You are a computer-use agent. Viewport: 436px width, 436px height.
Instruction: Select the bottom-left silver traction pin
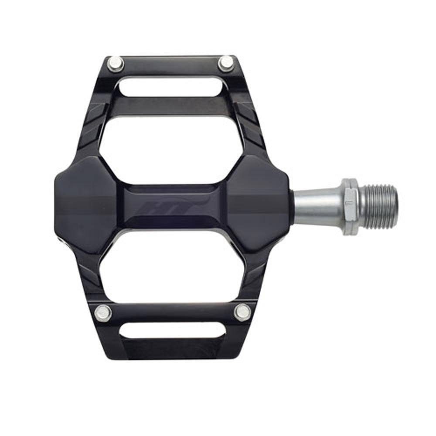point(103,312)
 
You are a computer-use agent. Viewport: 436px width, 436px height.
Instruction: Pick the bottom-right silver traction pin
point(242,312)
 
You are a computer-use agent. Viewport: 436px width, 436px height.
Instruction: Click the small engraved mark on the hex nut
point(348,203)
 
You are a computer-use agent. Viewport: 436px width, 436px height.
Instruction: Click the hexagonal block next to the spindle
point(259,205)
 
